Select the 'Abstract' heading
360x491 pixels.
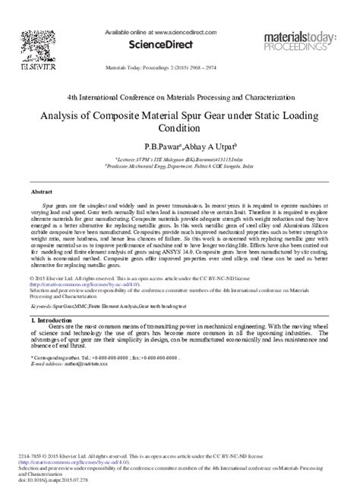coord(41,192)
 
